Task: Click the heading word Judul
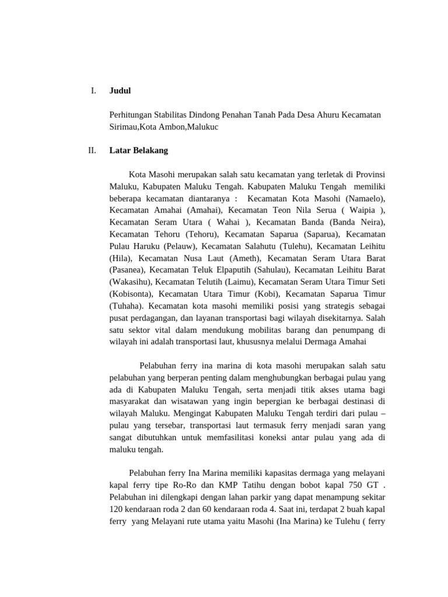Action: pos(120,90)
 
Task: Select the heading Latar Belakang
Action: pos(139,150)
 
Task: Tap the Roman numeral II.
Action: pos(92,150)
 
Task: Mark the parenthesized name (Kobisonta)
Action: pos(131,294)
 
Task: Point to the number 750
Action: pos(353,484)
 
